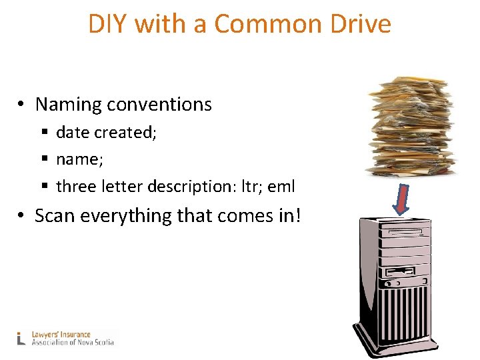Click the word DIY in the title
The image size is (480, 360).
(108, 25)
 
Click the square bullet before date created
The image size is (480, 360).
(45, 133)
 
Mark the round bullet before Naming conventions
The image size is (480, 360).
(22, 105)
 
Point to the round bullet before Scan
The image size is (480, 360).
(22, 217)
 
